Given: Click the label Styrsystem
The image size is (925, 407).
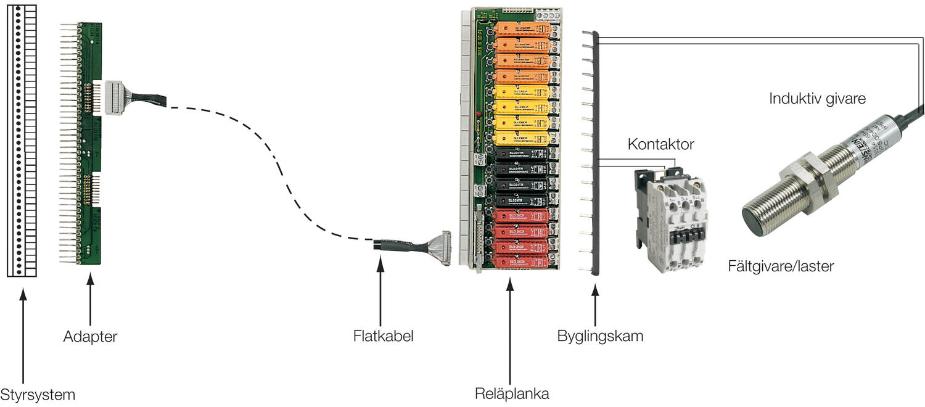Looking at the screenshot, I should tap(38, 395).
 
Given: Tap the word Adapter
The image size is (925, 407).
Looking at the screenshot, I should tap(90, 337).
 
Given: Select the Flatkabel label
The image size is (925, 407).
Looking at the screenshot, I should tap(383, 337).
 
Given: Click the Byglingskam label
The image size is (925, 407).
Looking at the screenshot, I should tap(600, 337).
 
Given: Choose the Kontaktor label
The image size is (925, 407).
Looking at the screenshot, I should tap(660, 145).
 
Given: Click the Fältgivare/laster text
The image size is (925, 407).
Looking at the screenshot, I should tap(781, 266).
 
